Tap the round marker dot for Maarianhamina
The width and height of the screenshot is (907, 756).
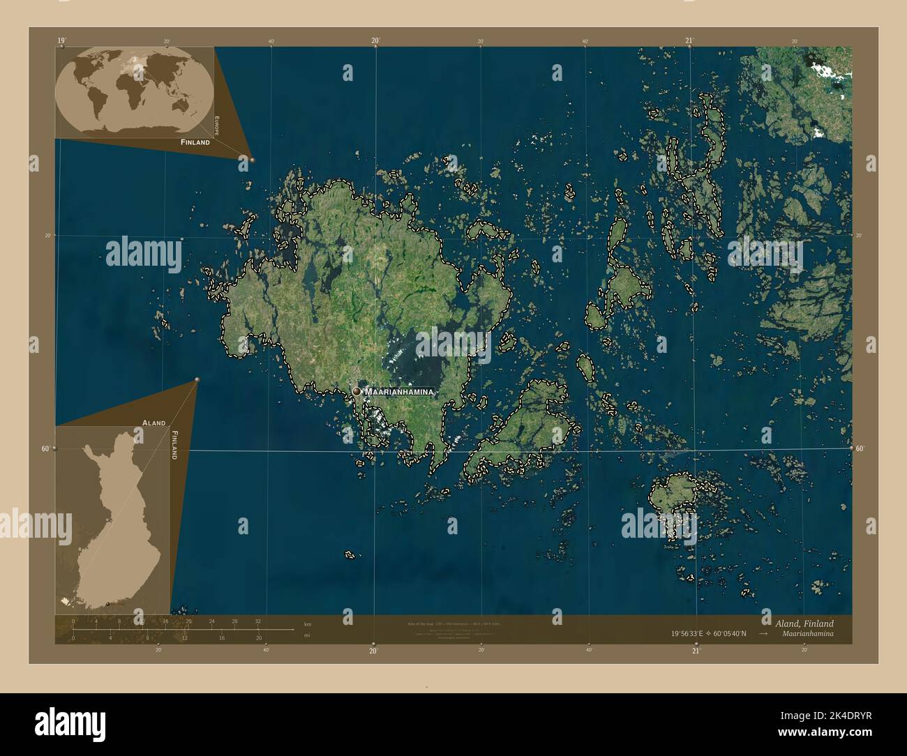[x=357, y=392]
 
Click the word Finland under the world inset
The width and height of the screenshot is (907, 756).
[x=195, y=142]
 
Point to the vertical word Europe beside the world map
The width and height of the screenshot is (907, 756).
[x=217, y=126]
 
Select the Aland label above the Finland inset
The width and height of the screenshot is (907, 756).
[x=153, y=423]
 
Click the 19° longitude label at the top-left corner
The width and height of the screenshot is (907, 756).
[x=61, y=40]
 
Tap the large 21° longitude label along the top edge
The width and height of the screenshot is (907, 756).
[x=689, y=40]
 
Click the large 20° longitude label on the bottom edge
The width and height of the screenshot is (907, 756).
[x=373, y=651]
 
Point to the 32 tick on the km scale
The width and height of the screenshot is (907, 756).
[x=257, y=621]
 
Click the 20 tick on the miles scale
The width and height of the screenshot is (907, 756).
[x=259, y=637]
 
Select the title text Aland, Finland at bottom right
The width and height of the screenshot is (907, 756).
[x=804, y=623]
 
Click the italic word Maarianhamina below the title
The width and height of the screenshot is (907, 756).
[x=807, y=634]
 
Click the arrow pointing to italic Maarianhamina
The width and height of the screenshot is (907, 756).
[x=764, y=634]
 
